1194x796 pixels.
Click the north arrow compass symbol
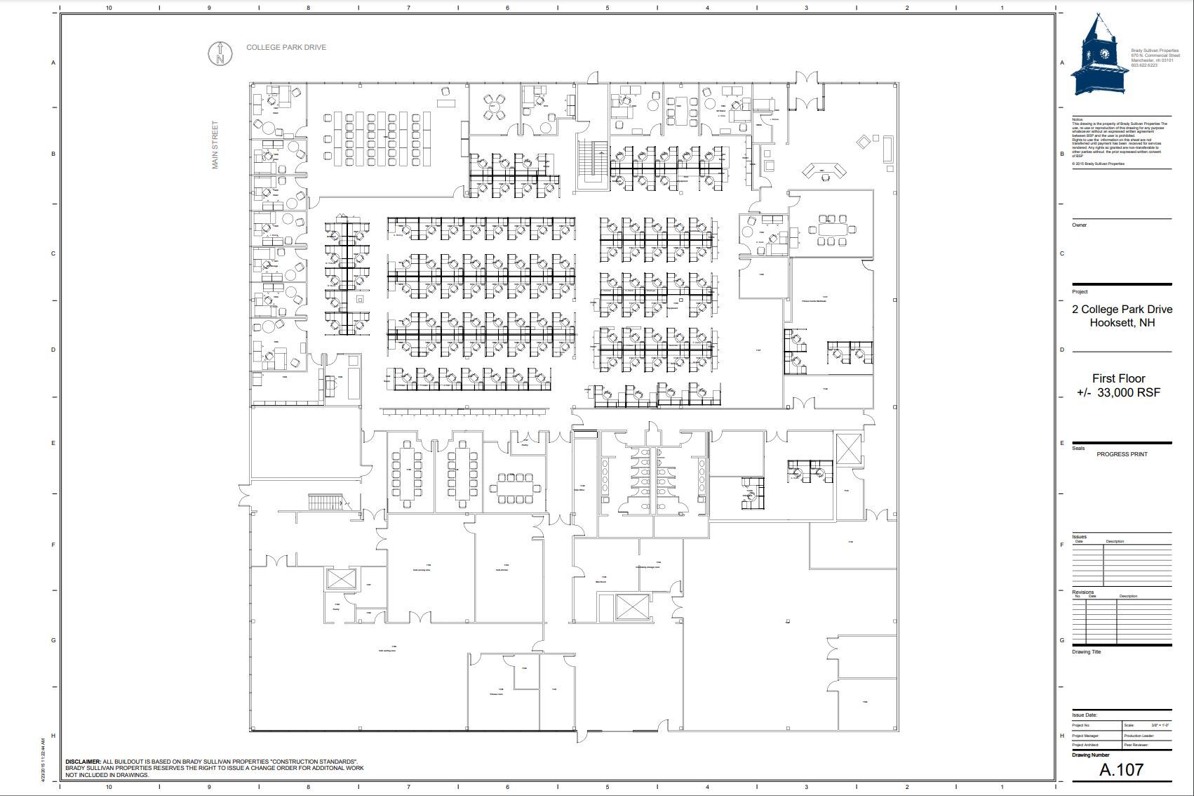pos(220,54)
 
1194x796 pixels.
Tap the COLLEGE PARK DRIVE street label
pos(286,48)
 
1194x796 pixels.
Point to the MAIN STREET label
pos(215,145)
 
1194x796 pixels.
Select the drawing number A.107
pos(1121,769)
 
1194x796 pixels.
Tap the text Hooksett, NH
pos(1122,323)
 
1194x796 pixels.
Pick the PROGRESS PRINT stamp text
pos(1122,454)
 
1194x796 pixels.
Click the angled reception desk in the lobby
pos(824,171)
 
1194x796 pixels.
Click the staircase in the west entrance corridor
pos(325,502)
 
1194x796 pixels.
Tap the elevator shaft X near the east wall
pos(848,448)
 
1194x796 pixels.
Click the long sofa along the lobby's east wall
pos(888,150)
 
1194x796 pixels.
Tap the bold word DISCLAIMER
pos(83,762)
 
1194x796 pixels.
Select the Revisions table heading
pos(1082,592)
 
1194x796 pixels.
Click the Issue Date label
pos(1085,715)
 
